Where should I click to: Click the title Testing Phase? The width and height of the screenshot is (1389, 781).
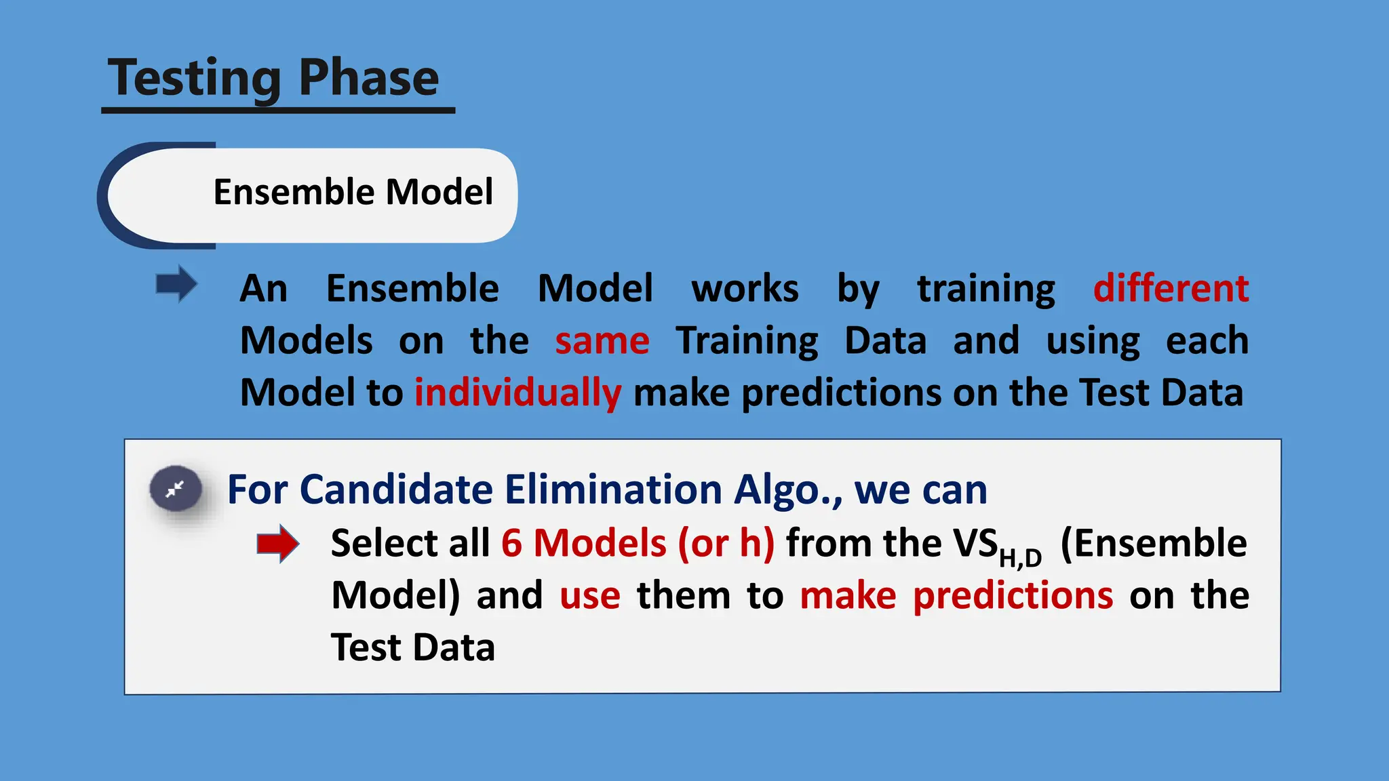(x=274, y=78)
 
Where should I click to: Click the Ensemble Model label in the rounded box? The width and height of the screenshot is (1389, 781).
(x=353, y=192)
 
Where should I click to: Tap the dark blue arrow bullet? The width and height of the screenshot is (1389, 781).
(x=176, y=283)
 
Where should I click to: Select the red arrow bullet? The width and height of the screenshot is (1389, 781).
(x=277, y=543)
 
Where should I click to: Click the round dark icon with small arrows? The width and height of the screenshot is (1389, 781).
(x=176, y=489)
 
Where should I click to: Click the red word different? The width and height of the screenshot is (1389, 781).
(x=1171, y=288)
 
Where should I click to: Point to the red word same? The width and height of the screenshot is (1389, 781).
(x=602, y=340)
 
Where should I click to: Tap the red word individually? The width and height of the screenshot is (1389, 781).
(x=517, y=393)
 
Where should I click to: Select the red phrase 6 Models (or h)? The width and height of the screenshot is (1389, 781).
(x=638, y=543)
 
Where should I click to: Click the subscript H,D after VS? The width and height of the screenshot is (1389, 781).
(x=1019, y=558)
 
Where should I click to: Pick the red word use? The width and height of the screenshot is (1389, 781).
(x=589, y=595)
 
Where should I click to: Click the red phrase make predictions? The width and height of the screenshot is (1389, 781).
(x=956, y=595)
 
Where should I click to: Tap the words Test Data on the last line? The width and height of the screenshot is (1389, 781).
(x=412, y=647)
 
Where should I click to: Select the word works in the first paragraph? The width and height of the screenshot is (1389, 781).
(x=745, y=288)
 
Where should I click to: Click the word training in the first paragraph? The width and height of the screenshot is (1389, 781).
(x=986, y=288)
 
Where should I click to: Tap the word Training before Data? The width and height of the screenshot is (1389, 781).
(x=747, y=340)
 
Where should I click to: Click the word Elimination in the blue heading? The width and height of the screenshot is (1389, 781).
(x=613, y=489)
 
